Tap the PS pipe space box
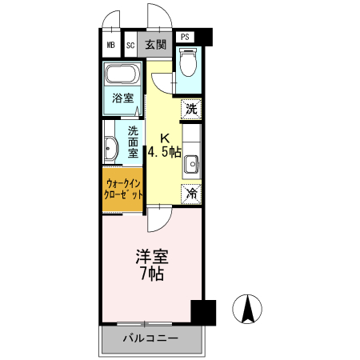click(185, 37)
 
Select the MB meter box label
click(111, 45)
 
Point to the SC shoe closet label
click(130, 45)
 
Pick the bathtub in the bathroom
click(122, 77)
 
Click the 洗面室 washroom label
click(132, 140)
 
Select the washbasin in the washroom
click(110, 147)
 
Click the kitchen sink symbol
click(191, 166)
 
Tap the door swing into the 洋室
click(157, 214)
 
